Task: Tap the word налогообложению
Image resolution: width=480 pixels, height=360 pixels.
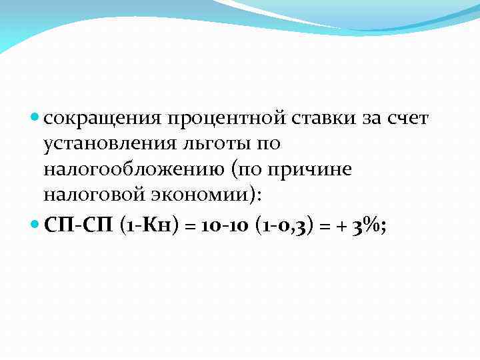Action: [x=133, y=169]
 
